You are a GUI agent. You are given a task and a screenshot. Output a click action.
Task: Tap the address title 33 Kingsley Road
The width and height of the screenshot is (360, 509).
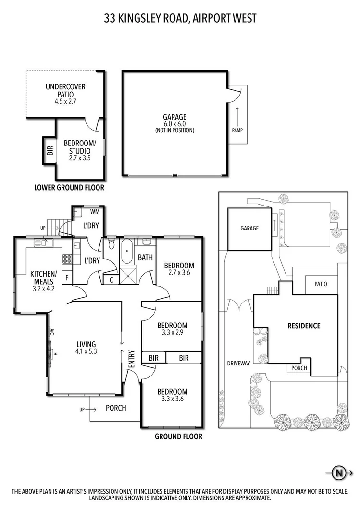coord(180,19)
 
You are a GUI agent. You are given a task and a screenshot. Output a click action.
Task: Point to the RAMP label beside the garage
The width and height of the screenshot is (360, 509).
coord(237,130)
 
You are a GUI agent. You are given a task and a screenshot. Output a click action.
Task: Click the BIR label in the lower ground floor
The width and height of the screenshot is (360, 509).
coord(50,150)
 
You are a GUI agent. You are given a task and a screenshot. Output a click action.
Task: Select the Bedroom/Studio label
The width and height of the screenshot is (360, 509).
coord(80,150)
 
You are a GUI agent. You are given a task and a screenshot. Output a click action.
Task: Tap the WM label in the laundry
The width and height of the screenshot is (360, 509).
coord(95,211)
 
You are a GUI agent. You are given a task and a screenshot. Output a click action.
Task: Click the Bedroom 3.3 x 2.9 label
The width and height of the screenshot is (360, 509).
coord(172,329)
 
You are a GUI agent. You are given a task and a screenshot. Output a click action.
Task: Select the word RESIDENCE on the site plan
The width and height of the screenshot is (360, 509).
coord(304,326)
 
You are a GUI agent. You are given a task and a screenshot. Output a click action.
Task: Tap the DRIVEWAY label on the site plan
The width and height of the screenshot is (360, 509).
coord(238,364)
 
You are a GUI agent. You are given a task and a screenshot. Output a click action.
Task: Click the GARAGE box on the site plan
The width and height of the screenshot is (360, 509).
coord(249,229)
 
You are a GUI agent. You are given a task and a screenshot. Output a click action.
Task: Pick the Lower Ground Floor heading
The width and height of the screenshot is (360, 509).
coord(69,188)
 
